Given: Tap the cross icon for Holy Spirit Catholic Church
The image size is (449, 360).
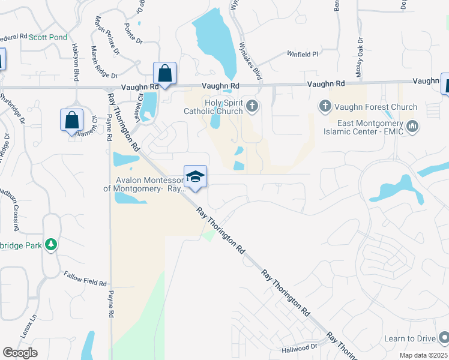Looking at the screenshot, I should click(x=252, y=107).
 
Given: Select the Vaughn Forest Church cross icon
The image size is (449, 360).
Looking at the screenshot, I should click(x=325, y=107).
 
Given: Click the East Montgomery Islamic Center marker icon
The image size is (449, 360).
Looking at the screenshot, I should click(x=412, y=127).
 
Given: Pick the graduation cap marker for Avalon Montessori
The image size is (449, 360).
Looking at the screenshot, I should click(x=195, y=176).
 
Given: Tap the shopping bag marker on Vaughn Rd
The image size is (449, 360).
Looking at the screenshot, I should click(x=164, y=74).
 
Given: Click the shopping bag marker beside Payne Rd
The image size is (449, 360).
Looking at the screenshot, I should click(x=71, y=119).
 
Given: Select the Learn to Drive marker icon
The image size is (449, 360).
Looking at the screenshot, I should click(x=443, y=338).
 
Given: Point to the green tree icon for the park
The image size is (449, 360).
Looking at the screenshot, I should click(x=51, y=244).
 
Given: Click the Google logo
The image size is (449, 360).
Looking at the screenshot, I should click(x=20, y=353).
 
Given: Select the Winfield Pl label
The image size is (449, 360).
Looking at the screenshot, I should click(x=301, y=53).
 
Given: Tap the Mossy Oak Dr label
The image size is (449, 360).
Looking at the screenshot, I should click(x=358, y=58).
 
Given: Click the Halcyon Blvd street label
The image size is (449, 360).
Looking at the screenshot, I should click(x=76, y=58).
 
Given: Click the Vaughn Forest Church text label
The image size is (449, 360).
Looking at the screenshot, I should click(x=375, y=107).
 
